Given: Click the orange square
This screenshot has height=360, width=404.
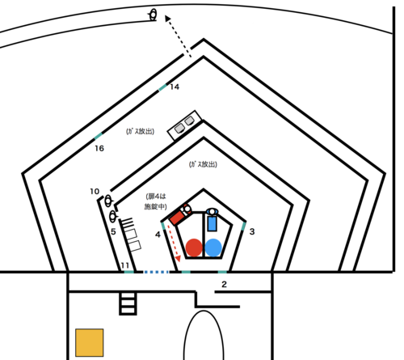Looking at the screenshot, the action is click(x=90, y=342).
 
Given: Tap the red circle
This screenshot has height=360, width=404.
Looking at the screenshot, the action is click(x=194, y=248).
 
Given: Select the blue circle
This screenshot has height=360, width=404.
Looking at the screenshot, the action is click(x=213, y=248).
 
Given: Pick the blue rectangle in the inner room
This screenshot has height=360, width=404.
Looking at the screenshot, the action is click(x=213, y=224).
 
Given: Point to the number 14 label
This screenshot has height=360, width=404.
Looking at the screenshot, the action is click(x=175, y=87).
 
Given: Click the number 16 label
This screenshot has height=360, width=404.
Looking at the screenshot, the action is click(x=99, y=148).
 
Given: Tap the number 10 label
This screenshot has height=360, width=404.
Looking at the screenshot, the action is click(x=95, y=192).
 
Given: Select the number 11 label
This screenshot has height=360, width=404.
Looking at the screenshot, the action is click(x=124, y=265).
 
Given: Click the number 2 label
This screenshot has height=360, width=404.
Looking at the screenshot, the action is click(x=224, y=284).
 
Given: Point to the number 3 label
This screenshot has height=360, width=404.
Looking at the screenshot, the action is click(x=252, y=231).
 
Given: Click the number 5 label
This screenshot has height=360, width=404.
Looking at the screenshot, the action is click(x=113, y=231).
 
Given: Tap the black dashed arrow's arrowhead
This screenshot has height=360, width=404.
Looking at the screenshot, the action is click(x=167, y=19).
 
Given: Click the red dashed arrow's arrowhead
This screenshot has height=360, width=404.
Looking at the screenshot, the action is click(x=178, y=259).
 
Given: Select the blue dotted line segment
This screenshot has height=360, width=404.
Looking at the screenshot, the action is click(x=156, y=272).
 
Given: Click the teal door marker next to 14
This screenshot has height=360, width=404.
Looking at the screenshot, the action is click(x=162, y=87).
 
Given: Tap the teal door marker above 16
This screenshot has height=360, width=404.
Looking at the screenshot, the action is click(x=99, y=136).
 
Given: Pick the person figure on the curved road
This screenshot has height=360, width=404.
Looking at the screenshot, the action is click(x=153, y=15).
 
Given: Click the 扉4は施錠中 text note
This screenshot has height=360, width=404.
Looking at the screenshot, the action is click(x=156, y=201).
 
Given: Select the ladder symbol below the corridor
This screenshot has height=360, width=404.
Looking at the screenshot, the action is click(x=128, y=303).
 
